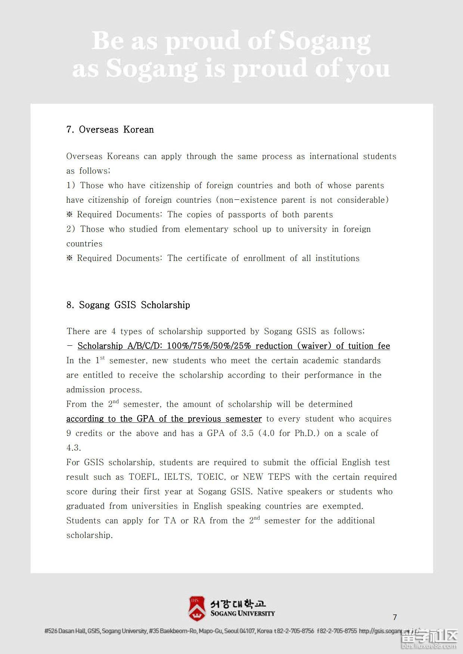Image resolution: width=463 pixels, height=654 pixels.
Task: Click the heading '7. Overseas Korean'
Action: (110, 130)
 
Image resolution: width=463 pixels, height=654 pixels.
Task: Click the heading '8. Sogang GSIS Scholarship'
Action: (128, 305)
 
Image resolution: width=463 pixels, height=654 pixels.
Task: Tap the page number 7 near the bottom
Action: (395, 617)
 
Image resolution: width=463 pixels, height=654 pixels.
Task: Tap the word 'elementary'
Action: (206, 229)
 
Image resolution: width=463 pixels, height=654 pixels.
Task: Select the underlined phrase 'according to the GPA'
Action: (122, 419)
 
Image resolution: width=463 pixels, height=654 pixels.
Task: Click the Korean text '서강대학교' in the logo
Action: (238, 603)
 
